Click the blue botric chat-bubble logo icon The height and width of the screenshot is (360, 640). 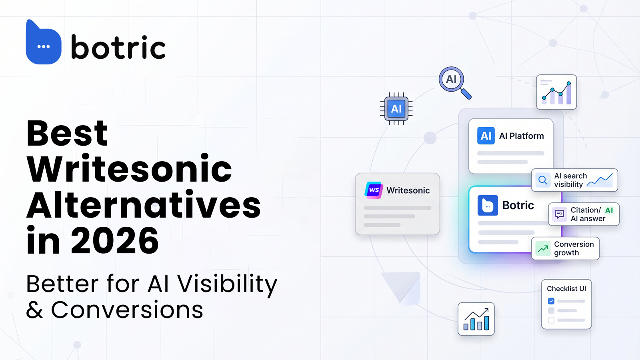coord(44,42)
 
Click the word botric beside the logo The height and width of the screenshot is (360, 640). coord(118,47)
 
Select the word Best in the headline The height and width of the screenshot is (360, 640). coord(67,133)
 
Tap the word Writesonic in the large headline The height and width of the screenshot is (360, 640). coord(129,168)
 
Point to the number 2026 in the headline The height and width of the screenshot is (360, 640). coord(114,240)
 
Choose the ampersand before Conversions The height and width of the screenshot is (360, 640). coord(34,310)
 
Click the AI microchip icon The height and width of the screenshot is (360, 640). coord(396,108)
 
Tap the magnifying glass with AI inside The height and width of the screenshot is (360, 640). coord(455,83)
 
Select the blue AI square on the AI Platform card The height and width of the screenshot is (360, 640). coord(486,136)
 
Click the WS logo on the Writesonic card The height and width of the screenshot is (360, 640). coord(374,190)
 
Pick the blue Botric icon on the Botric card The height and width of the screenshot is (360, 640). coord(488,206)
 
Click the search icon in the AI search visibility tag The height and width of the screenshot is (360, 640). coord(542,180)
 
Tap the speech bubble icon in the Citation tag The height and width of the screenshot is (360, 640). coord(560,214)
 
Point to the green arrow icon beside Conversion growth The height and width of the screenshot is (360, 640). coord(542,248)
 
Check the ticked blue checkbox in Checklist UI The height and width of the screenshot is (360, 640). coord(551,301)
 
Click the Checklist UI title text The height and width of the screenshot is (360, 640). coord(566,289)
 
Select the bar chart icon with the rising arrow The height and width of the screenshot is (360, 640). coord(476,319)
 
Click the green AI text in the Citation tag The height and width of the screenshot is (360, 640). coord(609,210)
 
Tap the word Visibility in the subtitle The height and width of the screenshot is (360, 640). coord(228,284)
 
